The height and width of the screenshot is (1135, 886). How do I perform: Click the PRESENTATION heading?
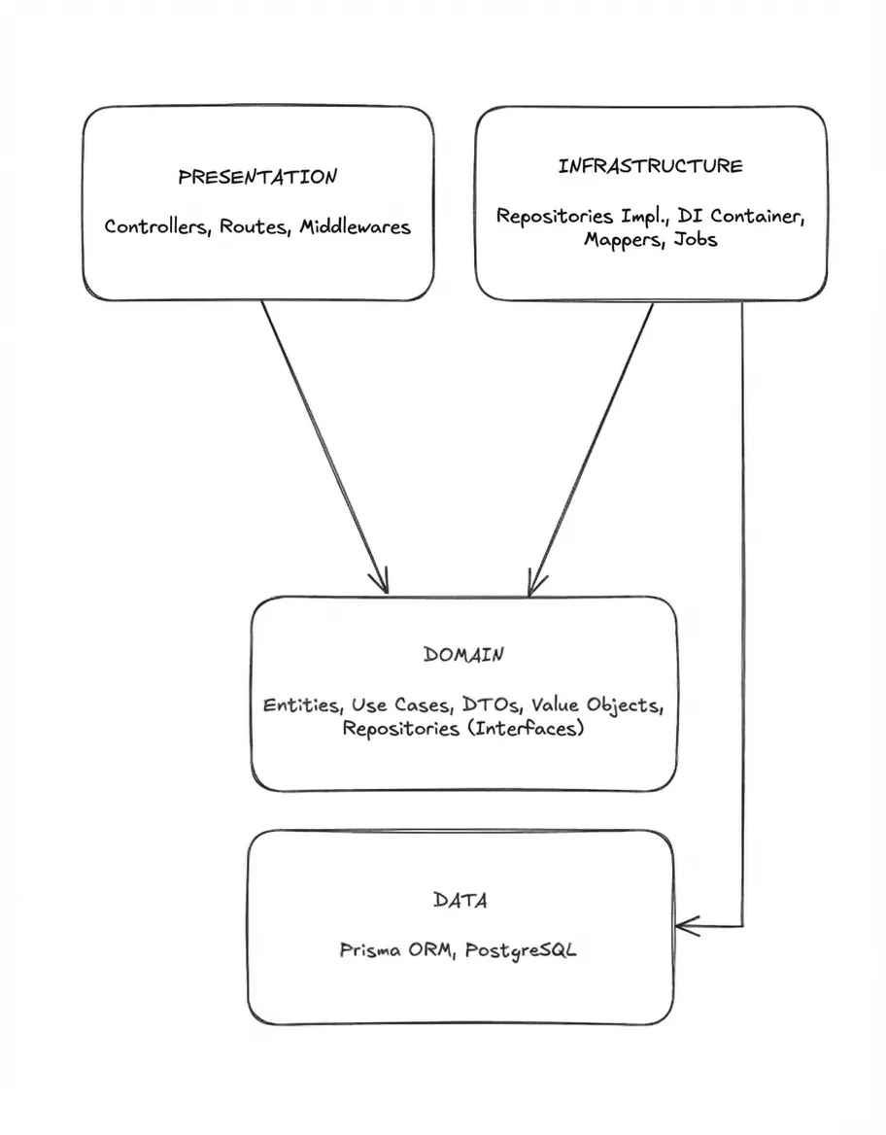pyautogui.click(x=257, y=177)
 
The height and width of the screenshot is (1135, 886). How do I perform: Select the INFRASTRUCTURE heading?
pyautogui.click(x=650, y=166)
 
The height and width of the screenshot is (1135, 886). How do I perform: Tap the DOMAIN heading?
pyautogui.click(x=463, y=655)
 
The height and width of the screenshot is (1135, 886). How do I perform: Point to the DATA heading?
pyautogui.click(x=460, y=901)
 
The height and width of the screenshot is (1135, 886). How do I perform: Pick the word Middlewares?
pyautogui.click(x=355, y=227)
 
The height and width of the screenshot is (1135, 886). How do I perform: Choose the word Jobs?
pyautogui.click(x=696, y=239)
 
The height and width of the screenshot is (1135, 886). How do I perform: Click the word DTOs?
pyautogui.click(x=491, y=705)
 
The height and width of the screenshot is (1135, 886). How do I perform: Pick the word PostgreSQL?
pyautogui.click(x=521, y=951)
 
